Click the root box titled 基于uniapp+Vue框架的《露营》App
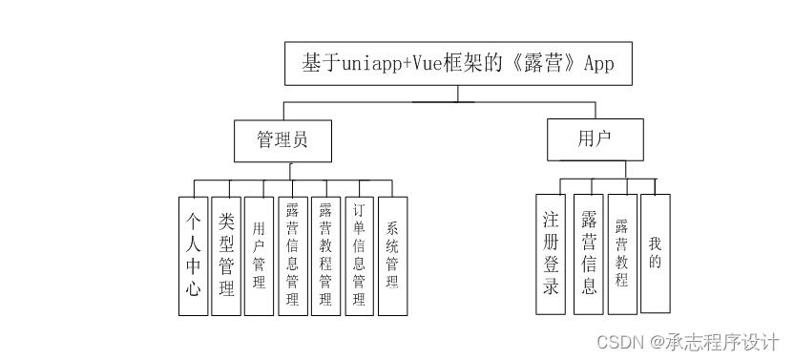click(457, 64)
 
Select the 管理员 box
click(282, 140)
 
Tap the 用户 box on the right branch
click(595, 139)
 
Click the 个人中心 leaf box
click(193, 255)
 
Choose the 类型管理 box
click(226, 255)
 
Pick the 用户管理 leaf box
click(259, 255)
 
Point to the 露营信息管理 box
click(292, 255)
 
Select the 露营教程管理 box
click(325, 255)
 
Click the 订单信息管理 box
click(359, 255)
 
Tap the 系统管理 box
click(392, 255)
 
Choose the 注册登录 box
click(551, 253)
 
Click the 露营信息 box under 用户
click(589, 253)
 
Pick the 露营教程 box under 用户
click(622, 253)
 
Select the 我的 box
click(655, 253)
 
